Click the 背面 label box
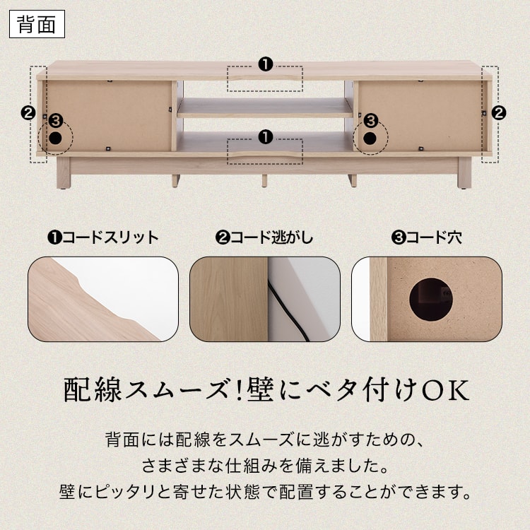point(37,24)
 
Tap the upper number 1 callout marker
point(265,64)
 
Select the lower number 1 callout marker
point(265,137)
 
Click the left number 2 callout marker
point(28,113)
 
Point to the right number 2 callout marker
point(499,113)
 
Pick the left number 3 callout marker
point(56,121)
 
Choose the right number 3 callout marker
point(371,121)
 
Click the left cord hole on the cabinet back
point(55,138)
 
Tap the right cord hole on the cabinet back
point(370,138)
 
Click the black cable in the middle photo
point(288,310)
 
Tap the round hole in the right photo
point(430,299)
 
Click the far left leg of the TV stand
point(63,172)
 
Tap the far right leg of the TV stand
point(464,172)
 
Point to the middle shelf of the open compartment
point(265,107)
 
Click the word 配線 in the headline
point(93,391)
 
